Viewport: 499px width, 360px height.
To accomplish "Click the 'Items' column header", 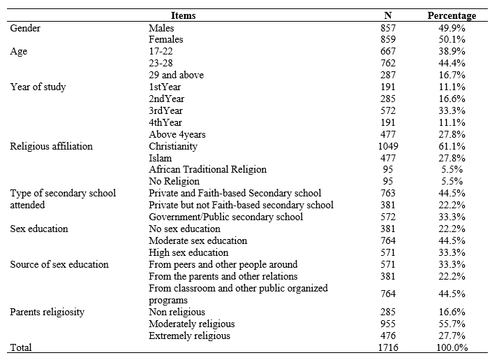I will (x=184, y=15).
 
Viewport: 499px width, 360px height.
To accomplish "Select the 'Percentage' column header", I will (x=452, y=15).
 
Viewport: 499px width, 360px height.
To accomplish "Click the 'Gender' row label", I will (x=25, y=27).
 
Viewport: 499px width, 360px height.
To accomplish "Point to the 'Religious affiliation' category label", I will (x=51, y=146).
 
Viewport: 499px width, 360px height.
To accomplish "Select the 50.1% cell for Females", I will (x=452, y=39).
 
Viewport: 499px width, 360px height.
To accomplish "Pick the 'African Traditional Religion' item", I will (x=207, y=169).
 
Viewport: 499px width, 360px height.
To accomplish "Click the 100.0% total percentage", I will (x=452, y=347).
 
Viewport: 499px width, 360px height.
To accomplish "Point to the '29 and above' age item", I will (x=175, y=75).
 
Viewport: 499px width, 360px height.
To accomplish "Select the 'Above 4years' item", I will (x=177, y=134).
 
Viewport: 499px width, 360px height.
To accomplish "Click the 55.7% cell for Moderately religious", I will (x=452, y=324).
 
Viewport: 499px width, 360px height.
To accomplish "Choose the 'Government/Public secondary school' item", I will (x=226, y=217).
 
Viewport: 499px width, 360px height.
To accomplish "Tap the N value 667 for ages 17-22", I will (x=388, y=51).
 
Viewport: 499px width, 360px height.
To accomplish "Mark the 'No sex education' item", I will (x=184, y=229).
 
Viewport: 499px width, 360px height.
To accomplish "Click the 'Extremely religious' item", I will (x=190, y=336).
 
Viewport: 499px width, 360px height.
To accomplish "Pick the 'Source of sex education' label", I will (x=59, y=264).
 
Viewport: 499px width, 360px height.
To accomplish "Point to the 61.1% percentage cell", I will (x=452, y=146).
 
